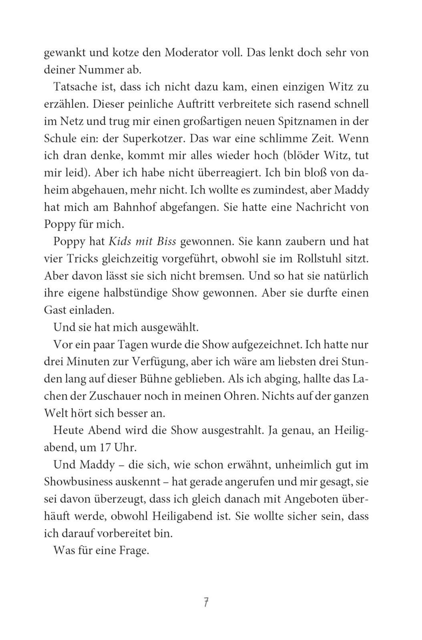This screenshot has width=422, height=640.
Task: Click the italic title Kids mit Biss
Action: [x=142, y=242]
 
